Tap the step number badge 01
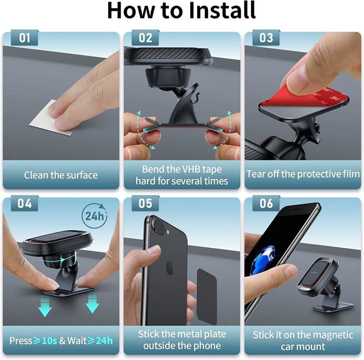tap(24, 38)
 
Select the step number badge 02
tap(145, 38)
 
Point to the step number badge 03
tap(266, 38)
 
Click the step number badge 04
tap(24, 203)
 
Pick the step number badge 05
tap(145, 203)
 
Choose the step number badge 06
tap(266, 203)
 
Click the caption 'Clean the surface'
tap(61, 175)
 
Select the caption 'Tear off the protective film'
tap(303, 175)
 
